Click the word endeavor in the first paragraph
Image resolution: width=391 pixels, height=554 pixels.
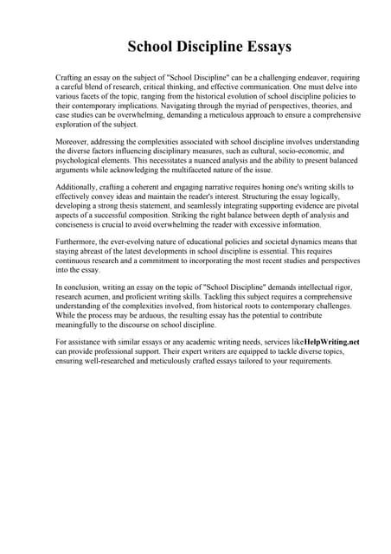[303, 77]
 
